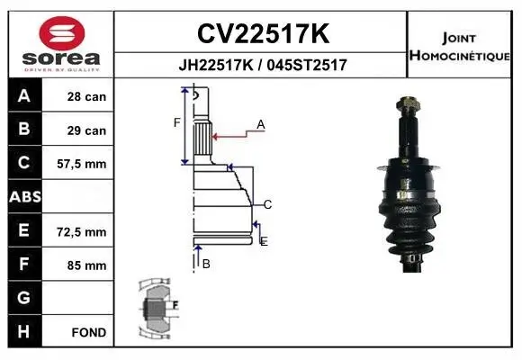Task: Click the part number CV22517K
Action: point(262,34)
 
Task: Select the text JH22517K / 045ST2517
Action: point(262,66)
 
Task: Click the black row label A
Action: point(23,96)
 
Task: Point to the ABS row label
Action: point(23,197)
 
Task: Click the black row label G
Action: point(23,298)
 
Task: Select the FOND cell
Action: point(89,332)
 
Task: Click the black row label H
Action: point(23,332)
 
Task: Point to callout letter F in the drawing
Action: point(177,123)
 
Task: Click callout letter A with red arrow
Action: point(260,125)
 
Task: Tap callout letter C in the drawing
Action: point(267,204)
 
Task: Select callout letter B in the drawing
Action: point(206,264)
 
